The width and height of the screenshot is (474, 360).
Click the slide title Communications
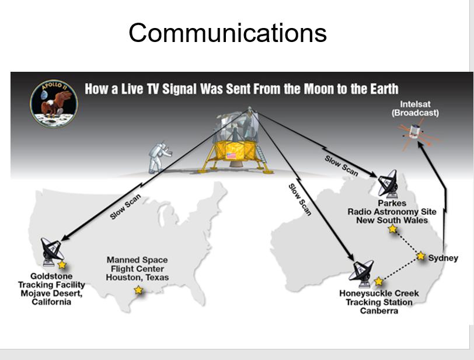pyautogui.click(x=228, y=33)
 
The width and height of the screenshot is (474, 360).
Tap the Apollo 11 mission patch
pyautogui.click(x=54, y=104)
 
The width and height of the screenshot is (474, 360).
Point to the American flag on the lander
pyautogui.click(x=231, y=156)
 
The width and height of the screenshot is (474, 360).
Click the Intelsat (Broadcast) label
pyautogui.click(x=415, y=109)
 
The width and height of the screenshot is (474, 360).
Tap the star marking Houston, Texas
pyautogui.click(x=138, y=290)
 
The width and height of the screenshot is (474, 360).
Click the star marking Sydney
pyautogui.click(x=420, y=256)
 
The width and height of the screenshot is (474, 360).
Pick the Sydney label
pyautogui.click(x=443, y=258)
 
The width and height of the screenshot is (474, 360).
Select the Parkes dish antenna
pyautogui.click(x=388, y=184)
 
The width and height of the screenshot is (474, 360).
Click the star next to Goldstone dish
pyautogui.click(x=62, y=265)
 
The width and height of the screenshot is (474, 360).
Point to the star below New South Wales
pyautogui.click(x=393, y=229)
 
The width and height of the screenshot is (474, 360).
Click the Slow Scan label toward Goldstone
pyautogui.click(x=125, y=207)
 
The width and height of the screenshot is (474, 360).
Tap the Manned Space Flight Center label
pyautogui.click(x=137, y=268)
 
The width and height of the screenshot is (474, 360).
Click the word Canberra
pyautogui.click(x=379, y=311)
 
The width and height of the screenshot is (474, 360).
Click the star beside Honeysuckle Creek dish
pyautogui.click(x=378, y=281)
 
